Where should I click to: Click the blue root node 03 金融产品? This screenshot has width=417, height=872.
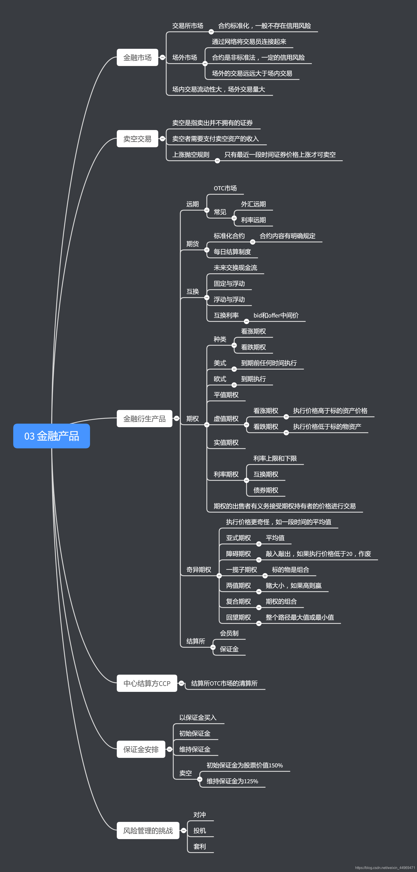pos(51,436)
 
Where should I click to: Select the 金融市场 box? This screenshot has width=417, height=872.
pos(137,58)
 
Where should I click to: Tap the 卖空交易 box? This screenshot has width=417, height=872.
pos(137,139)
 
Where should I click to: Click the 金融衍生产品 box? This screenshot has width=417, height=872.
pos(145,419)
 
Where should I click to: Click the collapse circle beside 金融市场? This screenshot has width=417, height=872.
pos(162,58)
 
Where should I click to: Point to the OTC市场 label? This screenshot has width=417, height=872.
pos(225,188)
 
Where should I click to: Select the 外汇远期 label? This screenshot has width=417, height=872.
pos(253,204)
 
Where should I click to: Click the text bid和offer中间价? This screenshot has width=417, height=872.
pos(276,315)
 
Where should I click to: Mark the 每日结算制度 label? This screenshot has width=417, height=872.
pos(232,252)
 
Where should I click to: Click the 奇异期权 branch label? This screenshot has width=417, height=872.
pos(199,570)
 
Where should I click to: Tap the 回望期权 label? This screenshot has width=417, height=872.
pos(239,617)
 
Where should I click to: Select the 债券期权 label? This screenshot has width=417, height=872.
pos(266,490)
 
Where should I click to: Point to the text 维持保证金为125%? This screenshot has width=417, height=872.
pos(232,781)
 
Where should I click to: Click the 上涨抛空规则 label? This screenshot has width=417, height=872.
pos(191,155)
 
